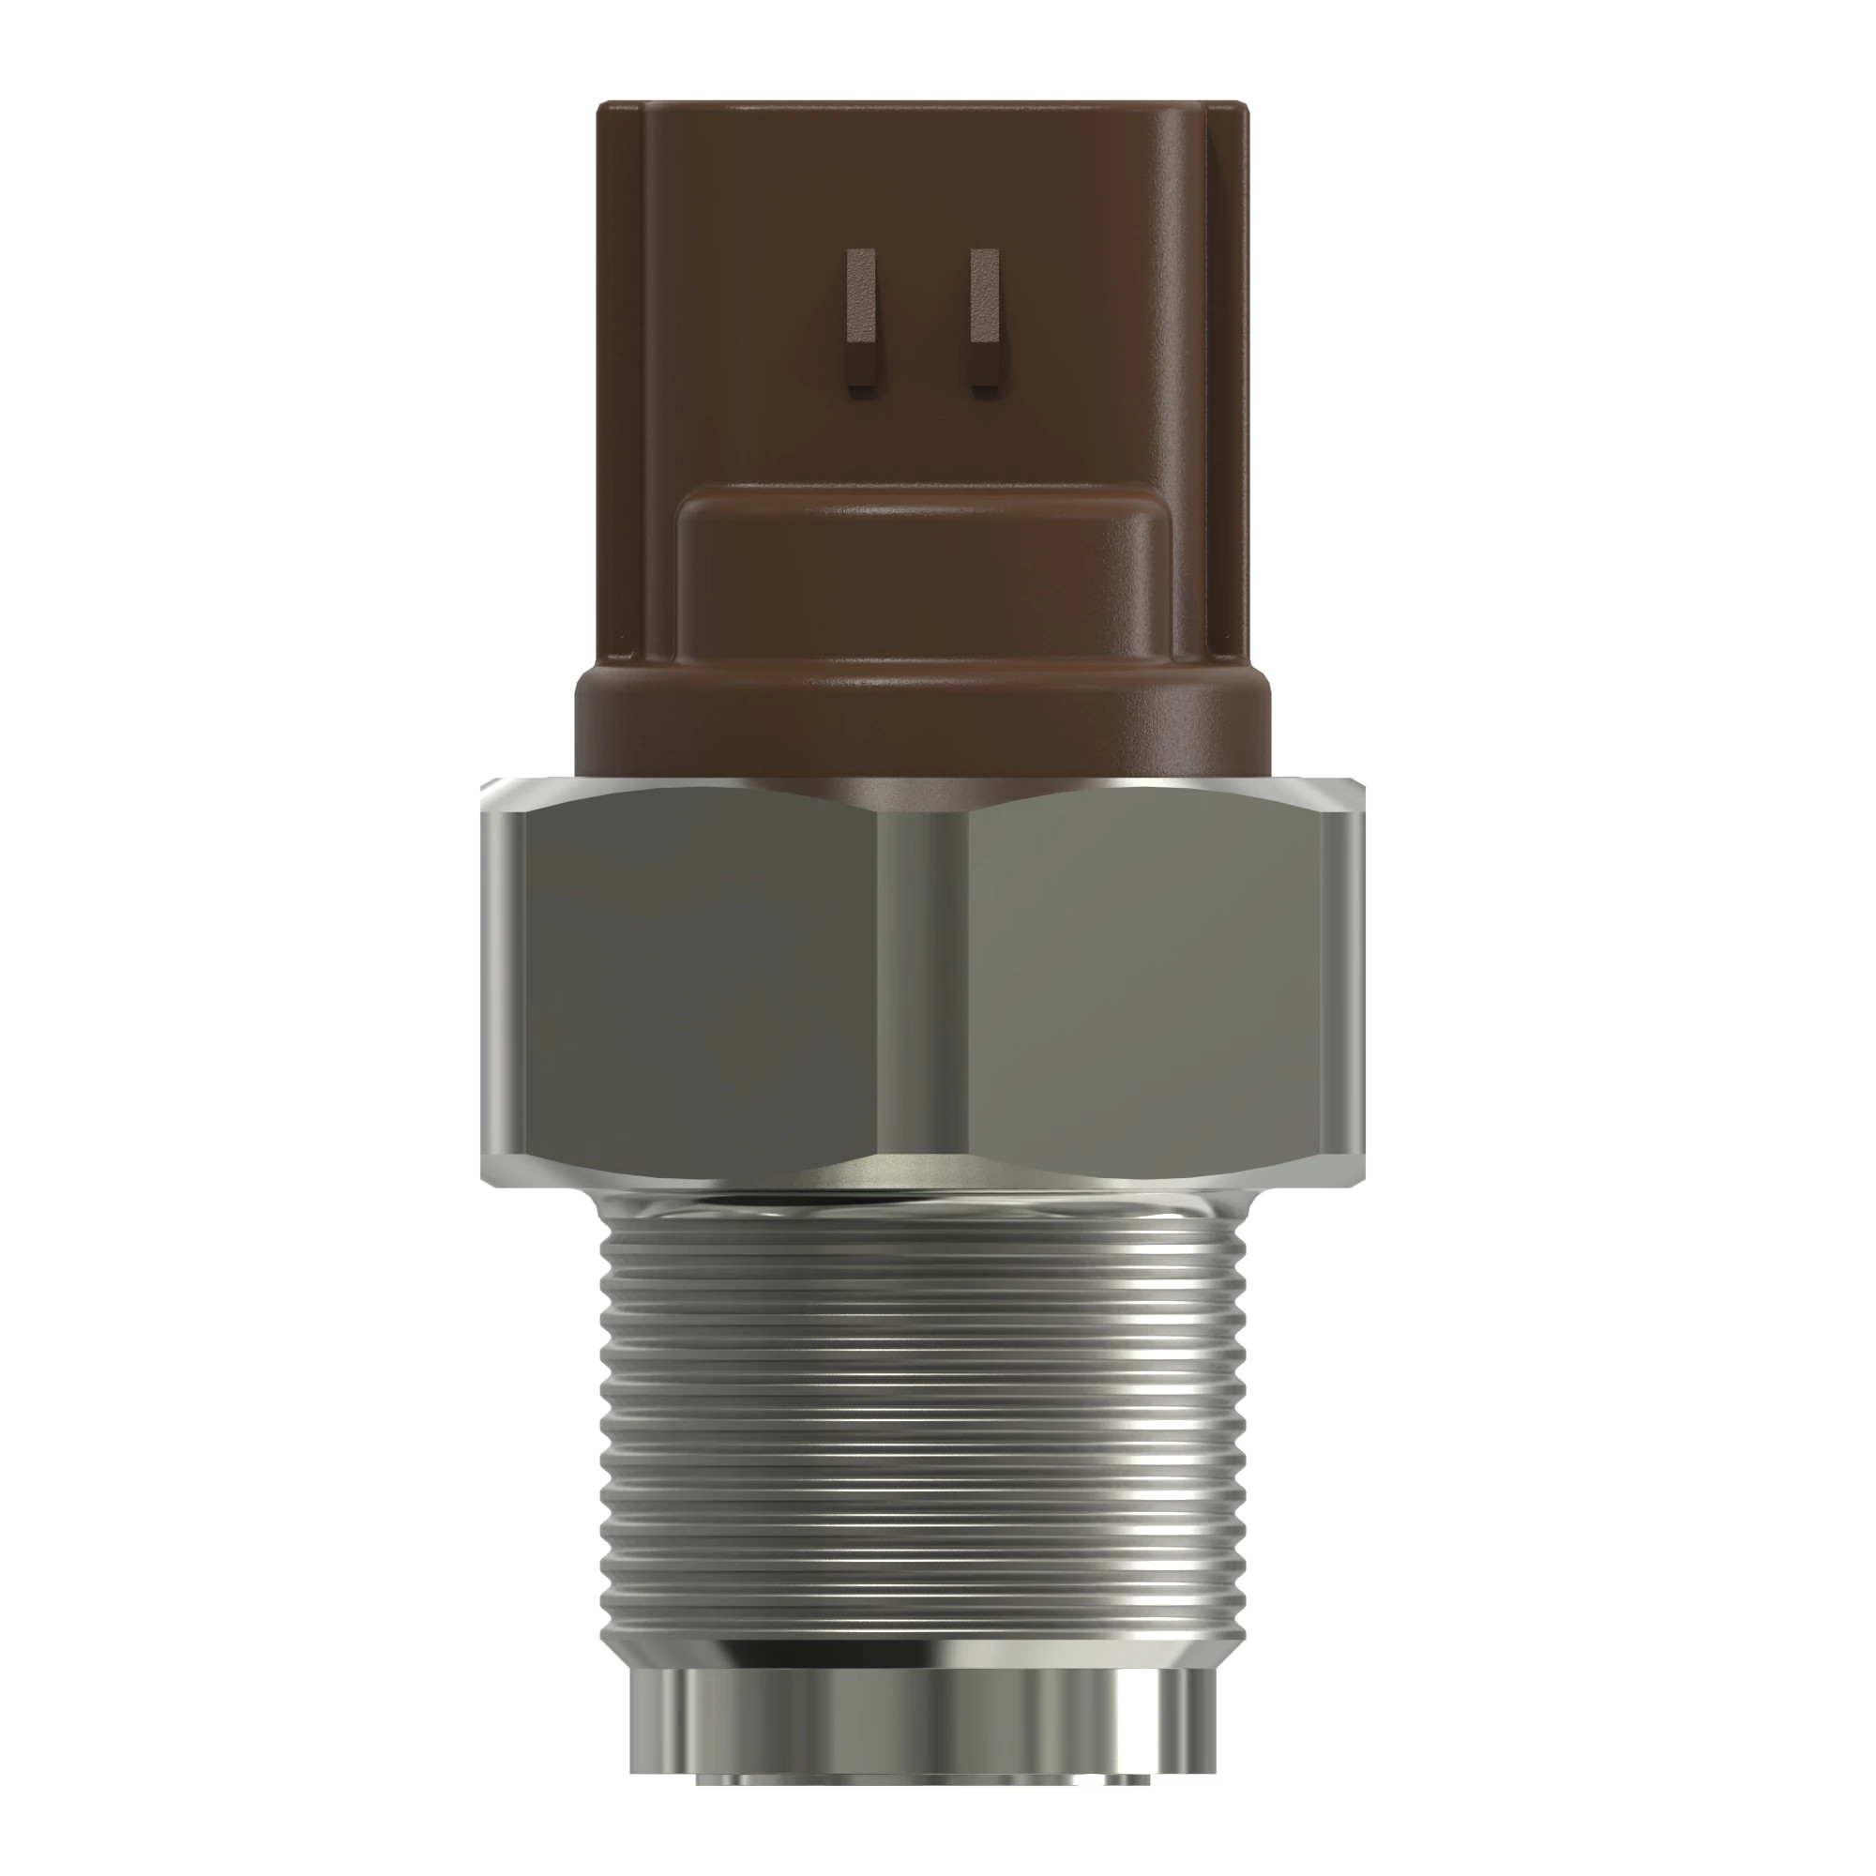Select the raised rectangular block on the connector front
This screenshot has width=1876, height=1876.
[x=922, y=582]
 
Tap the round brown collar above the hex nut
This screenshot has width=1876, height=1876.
[x=922, y=728]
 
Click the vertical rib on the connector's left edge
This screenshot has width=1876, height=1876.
[x=622, y=388]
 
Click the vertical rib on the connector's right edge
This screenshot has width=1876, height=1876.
[x=1225, y=388]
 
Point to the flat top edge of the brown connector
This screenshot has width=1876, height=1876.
[x=922, y=101]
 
